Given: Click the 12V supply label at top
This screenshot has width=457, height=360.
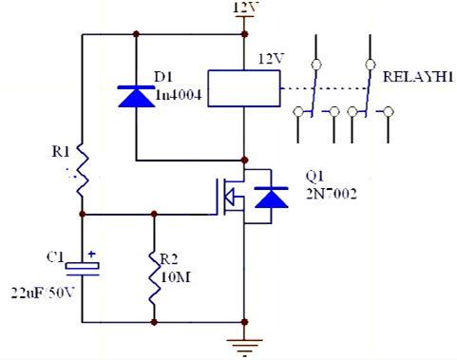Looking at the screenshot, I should pyautogui.click(x=245, y=9).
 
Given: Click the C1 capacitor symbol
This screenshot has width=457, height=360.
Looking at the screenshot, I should pyautogui.click(x=82, y=269).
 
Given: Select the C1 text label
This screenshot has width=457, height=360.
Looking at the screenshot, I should pyautogui.click(x=56, y=256).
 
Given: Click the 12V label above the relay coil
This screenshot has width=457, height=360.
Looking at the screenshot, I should pyautogui.click(x=270, y=59).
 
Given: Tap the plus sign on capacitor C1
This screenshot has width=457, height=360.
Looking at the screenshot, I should pyautogui.click(x=92, y=256).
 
